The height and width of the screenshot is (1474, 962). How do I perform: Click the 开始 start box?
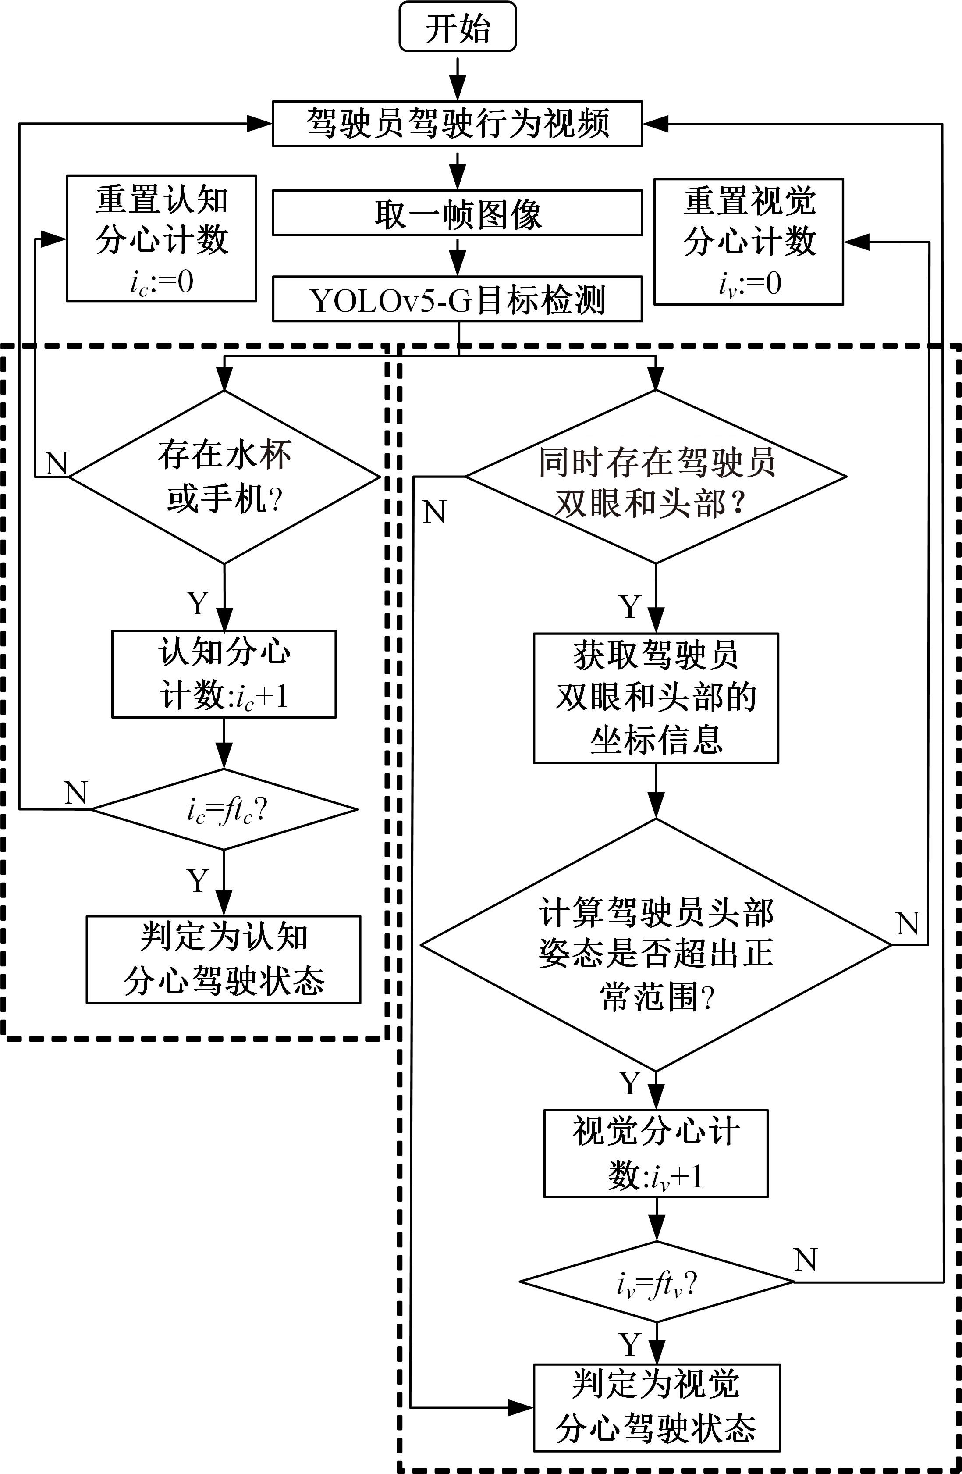click(458, 27)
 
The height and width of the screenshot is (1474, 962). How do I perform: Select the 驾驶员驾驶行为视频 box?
click(458, 124)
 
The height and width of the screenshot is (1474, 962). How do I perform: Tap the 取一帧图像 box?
click(458, 214)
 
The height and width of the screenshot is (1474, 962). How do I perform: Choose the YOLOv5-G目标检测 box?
click(458, 300)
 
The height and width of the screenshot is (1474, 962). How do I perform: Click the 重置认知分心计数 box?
click(162, 239)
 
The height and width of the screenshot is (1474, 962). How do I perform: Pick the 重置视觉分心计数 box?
click(749, 242)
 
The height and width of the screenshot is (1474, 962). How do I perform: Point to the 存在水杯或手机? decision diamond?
click(224, 477)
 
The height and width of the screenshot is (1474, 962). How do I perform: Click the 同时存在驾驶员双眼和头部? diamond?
click(656, 477)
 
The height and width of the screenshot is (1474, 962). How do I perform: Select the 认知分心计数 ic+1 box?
click(224, 674)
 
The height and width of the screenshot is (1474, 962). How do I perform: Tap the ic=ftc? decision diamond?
click(224, 809)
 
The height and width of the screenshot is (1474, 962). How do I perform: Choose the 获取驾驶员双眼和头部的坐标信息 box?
click(656, 698)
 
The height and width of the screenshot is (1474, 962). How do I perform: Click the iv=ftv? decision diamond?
click(656, 1282)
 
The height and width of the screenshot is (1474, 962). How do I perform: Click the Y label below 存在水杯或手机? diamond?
click(198, 602)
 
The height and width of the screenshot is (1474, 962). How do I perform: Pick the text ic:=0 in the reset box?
click(162, 282)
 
